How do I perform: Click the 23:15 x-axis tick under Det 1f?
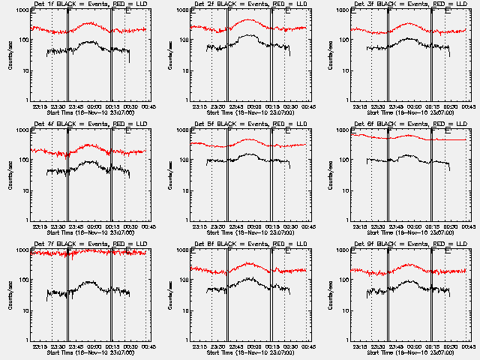(x=40, y=106)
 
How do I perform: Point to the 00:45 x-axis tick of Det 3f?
(x=466, y=106)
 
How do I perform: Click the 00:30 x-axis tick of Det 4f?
(x=127, y=226)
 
